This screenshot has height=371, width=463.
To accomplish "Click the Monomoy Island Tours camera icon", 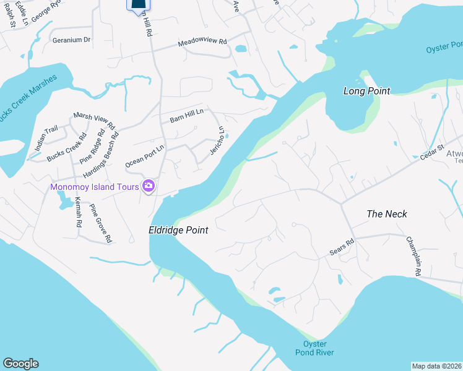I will (x=149, y=185).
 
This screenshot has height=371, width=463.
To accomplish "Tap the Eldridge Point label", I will (x=178, y=230).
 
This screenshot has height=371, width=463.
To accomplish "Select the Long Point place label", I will (x=367, y=91).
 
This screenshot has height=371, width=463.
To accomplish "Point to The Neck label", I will (x=387, y=214).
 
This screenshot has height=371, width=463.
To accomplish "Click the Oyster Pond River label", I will (x=318, y=348).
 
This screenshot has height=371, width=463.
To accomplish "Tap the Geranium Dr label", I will (x=72, y=40).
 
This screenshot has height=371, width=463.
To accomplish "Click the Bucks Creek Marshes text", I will (x=28, y=99).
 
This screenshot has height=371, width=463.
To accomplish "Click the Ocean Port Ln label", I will (x=145, y=156).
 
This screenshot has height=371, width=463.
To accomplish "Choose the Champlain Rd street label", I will (x=413, y=256).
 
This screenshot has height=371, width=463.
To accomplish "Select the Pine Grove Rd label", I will (x=100, y=223).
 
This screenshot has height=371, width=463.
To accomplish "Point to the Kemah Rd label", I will (x=79, y=213).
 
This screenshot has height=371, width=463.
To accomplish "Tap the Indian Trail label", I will (x=46, y=134).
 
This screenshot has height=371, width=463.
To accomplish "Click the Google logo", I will (x=20, y=364).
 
